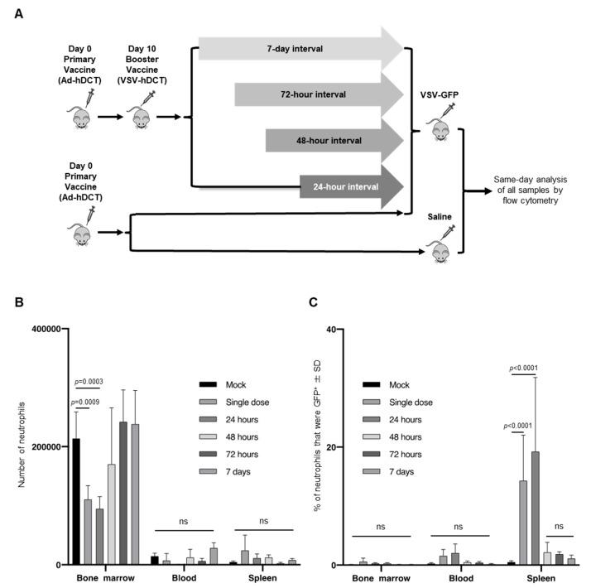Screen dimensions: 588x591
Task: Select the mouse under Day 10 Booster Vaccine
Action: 146,117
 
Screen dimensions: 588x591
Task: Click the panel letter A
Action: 18,13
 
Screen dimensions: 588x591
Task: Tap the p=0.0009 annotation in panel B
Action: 82,402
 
